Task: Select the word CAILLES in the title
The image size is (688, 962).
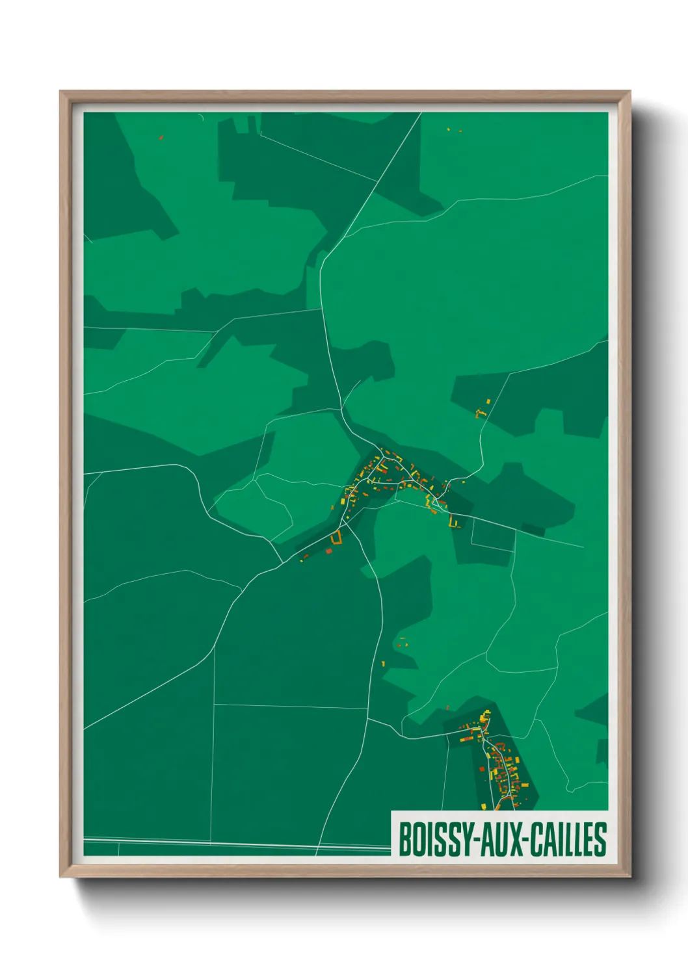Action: pyautogui.click(x=568, y=839)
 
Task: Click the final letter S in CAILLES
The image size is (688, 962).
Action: pyautogui.click(x=601, y=839)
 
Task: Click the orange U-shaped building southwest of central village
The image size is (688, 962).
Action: pyautogui.click(x=336, y=538)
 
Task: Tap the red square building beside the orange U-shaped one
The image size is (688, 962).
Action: pyautogui.click(x=328, y=551)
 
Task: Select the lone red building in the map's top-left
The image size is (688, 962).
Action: pyautogui.click(x=161, y=137)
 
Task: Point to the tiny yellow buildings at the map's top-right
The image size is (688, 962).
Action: pyautogui.click(x=454, y=131)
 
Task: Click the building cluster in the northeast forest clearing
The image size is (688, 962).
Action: pyautogui.click(x=483, y=409)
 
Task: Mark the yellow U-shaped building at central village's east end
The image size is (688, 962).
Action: pyautogui.click(x=454, y=521)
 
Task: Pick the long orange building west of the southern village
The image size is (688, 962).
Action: pyautogui.click(x=466, y=739)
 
